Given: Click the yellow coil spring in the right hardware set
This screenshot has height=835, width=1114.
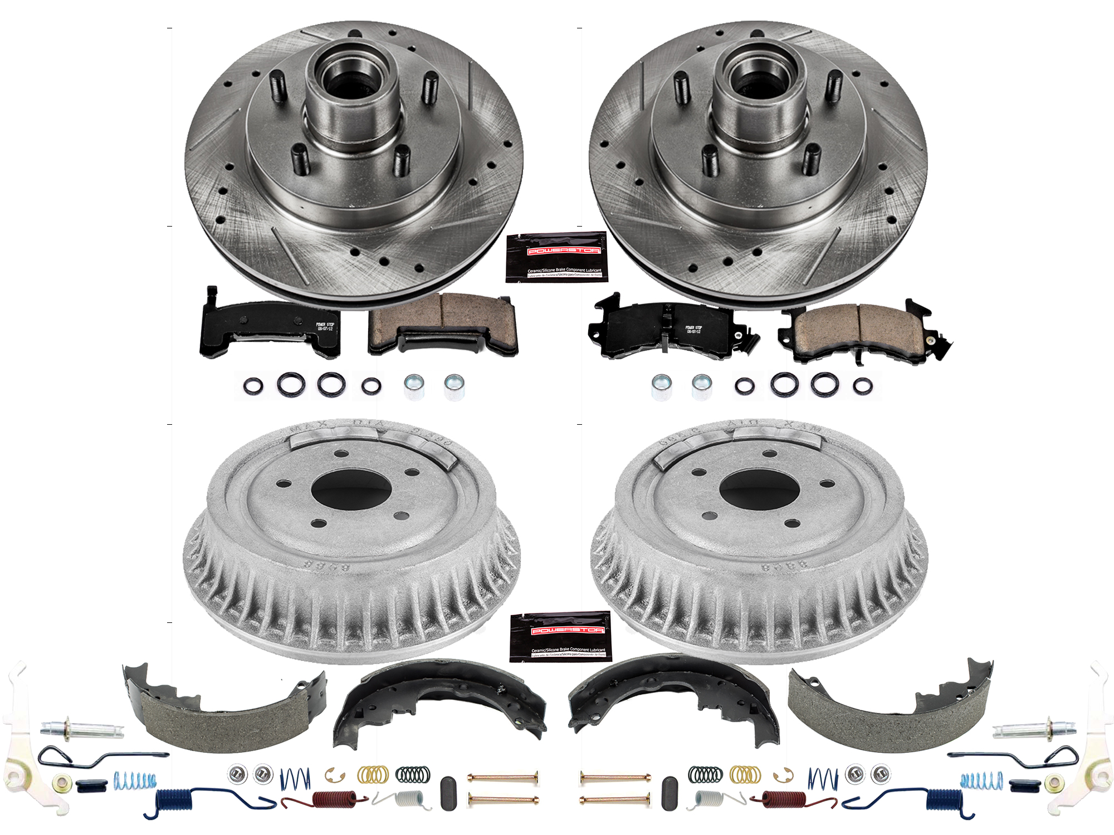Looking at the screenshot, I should [x=745, y=774].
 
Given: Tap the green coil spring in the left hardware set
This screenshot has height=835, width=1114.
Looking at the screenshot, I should [x=413, y=774].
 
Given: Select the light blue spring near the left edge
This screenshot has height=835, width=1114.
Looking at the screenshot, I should [x=135, y=780].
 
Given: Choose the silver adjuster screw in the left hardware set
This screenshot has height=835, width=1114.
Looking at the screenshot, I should [x=81, y=728].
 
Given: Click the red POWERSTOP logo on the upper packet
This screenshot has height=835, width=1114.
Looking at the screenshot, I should [x=564, y=251].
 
